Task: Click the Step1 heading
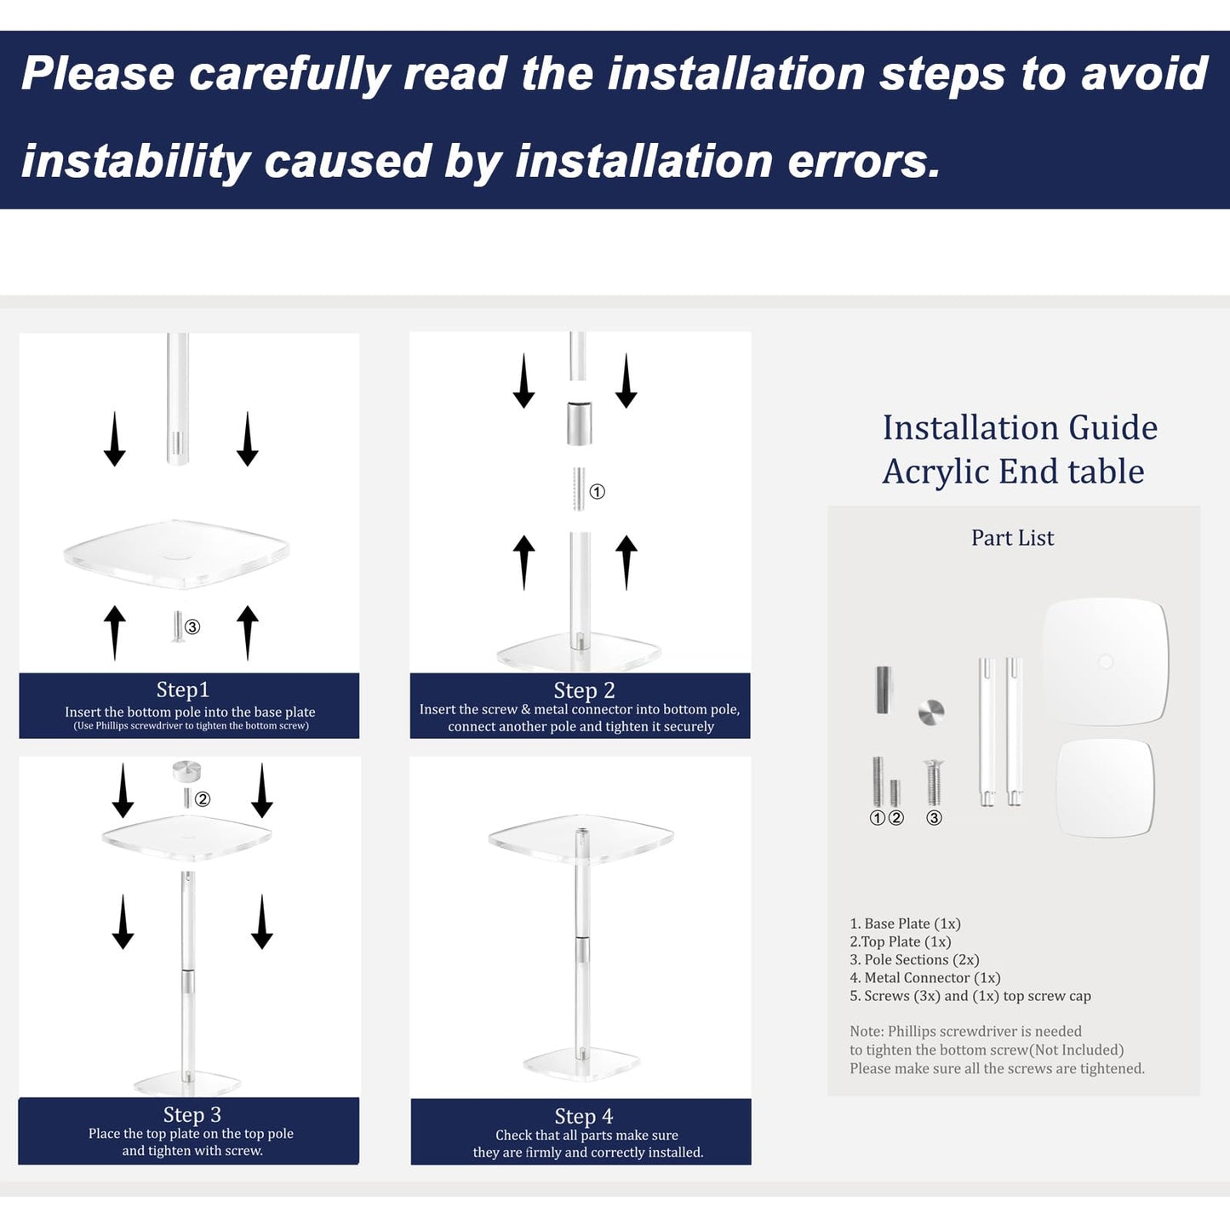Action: (182, 689)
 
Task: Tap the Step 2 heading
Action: (584, 690)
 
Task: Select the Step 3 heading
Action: (192, 1114)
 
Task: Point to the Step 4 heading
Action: (583, 1116)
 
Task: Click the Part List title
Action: (1012, 537)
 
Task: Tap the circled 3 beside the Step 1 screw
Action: (192, 626)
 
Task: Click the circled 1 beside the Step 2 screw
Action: (597, 491)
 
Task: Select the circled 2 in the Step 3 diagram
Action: (203, 798)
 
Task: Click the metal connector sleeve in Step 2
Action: (580, 422)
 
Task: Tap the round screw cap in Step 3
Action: (186, 770)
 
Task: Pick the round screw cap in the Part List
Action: (931, 712)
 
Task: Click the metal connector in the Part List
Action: (884, 690)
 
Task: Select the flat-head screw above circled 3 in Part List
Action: (934, 782)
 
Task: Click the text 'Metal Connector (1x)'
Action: (932, 977)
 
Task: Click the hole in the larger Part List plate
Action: (1106, 661)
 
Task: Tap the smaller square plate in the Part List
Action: (1105, 787)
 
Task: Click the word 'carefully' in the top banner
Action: (289, 75)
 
